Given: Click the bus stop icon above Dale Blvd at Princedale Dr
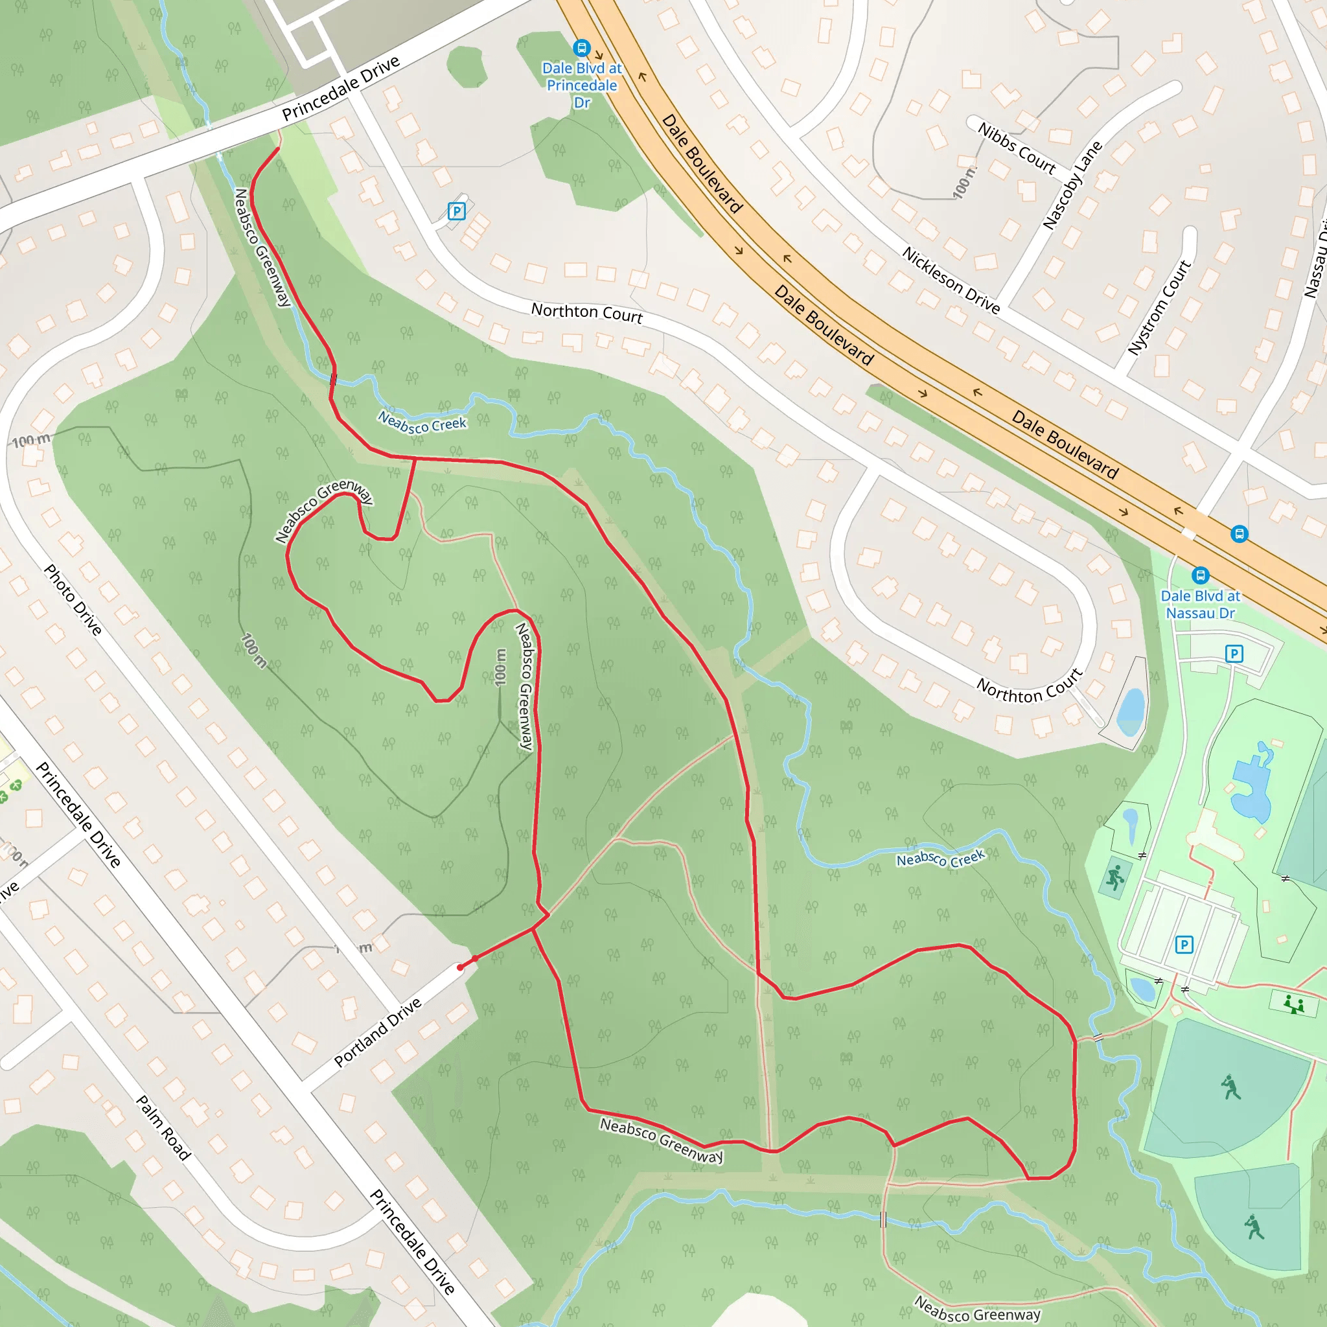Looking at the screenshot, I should coord(581,48).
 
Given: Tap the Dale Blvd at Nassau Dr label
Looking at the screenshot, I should coord(1200,605).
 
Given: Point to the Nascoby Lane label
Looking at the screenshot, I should coord(1072,185).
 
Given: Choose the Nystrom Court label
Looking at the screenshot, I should coord(1159,307).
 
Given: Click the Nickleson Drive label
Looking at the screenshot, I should coord(951,280).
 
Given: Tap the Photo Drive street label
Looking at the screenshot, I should coord(73,599).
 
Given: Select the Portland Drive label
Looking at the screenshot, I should coord(378,1032).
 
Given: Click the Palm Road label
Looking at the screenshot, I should coord(163,1128).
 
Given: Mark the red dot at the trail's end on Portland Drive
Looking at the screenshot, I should coord(460,967).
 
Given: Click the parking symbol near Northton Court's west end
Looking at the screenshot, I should coord(456,211).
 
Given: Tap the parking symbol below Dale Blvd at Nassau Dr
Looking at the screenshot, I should coord(1234,654).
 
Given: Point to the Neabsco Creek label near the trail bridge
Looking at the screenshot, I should coord(422,422).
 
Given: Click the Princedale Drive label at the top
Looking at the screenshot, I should coord(341,88).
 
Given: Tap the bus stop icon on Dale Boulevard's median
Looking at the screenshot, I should coord(1239,534).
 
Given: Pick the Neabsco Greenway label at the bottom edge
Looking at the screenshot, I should coord(976,1309).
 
